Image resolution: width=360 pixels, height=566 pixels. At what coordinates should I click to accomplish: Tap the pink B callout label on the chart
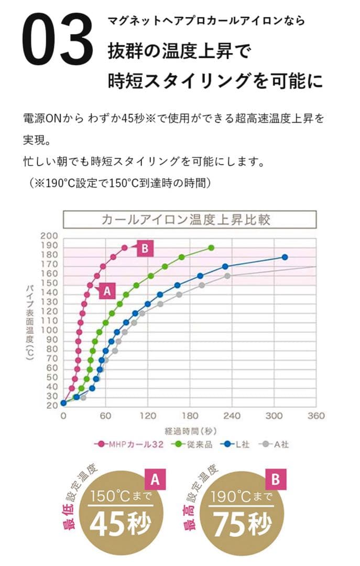point(145,248)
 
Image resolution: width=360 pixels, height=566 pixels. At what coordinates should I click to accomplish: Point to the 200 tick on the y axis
point(49,236)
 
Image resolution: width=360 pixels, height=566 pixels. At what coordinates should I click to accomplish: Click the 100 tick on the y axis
point(49,330)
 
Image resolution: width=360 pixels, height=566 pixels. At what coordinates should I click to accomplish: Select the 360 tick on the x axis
point(315,416)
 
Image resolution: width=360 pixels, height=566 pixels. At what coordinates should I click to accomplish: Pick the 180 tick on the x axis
point(189,416)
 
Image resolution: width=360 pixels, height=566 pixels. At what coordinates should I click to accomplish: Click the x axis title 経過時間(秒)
point(188,431)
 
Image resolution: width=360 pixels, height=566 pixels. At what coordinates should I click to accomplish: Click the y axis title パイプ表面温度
point(31,320)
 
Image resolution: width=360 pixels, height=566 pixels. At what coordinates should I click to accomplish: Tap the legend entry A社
point(277,444)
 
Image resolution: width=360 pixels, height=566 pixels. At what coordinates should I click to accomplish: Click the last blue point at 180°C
point(285,257)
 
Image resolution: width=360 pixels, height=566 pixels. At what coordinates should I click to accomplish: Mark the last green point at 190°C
point(211,247)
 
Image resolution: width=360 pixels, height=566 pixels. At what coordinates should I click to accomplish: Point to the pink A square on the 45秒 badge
point(155,479)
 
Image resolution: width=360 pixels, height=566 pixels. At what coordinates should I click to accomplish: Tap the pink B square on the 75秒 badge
point(277,479)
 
